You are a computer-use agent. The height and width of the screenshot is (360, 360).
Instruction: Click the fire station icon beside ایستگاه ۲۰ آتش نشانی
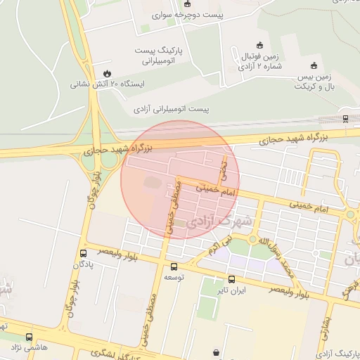pos(107,73)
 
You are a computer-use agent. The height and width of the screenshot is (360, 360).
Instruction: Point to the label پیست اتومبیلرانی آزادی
pos(172,109)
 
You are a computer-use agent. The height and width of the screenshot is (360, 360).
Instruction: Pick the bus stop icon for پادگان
pos(84,253)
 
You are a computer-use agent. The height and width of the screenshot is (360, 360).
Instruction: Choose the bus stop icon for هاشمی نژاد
pos(29,337)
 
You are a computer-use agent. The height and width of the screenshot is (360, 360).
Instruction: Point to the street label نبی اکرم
pos(219,246)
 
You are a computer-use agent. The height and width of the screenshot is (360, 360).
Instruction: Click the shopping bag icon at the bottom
pos(214,352)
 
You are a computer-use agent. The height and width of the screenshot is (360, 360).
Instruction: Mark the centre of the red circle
pos(180,179)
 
